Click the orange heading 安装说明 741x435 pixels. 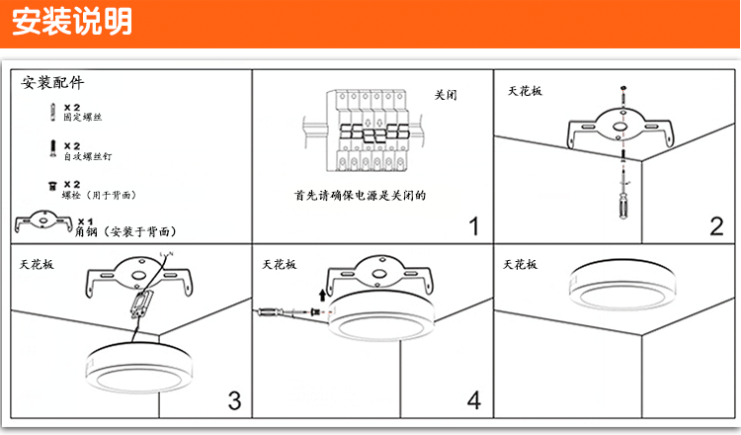click(72, 23)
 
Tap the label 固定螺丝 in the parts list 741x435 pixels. click(83, 118)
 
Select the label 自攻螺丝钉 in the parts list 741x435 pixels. click(87, 156)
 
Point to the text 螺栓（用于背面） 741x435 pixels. click(100, 195)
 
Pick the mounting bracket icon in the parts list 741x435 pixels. click(42, 221)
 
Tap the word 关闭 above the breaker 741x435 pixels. click(445, 96)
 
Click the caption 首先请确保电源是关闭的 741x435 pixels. click(360, 196)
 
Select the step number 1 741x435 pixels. click(472, 226)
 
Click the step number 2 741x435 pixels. click(716, 226)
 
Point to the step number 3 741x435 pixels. click(234, 399)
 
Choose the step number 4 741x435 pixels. click(474, 399)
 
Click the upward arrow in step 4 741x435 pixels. click(322, 293)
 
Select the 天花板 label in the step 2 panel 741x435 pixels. click(526, 90)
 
